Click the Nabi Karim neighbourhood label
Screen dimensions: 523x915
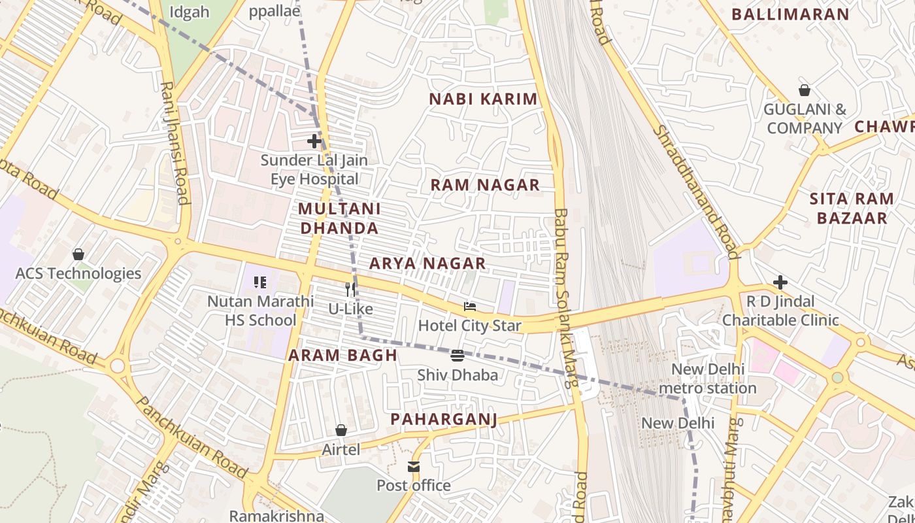(x=483, y=99)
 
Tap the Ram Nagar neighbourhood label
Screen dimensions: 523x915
(x=485, y=185)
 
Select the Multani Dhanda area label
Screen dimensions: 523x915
(x=339, y=218)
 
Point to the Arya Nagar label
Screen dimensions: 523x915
(x=427, y=263)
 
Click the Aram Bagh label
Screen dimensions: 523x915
(x=343, y=356)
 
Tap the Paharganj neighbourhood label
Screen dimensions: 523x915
(x=444, y=419)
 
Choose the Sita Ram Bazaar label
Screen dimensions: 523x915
(x=852, y=209)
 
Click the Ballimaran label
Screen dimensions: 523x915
(x=790, y=14)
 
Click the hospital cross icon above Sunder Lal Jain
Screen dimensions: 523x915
(x=314, y=141)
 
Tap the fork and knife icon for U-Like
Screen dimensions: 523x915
(x=351, y=289)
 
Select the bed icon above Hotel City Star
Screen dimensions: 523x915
(x=469, y=306)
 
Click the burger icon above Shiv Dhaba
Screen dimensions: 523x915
(x=457, y=356)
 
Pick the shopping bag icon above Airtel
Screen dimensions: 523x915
(x=341, y=430)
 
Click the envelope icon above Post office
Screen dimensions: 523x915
(x=414, y=466)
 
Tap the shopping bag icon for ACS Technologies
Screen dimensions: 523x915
(x=78, y=254)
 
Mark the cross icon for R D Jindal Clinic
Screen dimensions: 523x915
(x=780, y=282)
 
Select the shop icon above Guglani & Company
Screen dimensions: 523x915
(x=805, y=90)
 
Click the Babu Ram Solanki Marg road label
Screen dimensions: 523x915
(x=565, y=297)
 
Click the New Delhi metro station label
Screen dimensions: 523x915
(x=708, y=379)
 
